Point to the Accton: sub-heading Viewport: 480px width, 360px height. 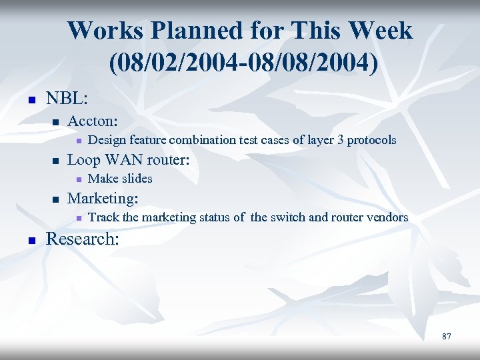pos(93,121)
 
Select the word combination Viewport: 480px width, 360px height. pos(202,140)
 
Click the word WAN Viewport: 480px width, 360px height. pos(121,160)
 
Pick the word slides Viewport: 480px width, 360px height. pos(137,179)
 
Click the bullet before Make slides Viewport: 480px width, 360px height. pos(78,179)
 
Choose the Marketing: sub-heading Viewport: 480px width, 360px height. pos(103,199)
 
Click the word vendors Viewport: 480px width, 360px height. pos(387,217)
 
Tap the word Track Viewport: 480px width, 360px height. pos(103,217)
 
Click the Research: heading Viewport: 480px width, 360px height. pos(83,239)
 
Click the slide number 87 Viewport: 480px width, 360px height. pos(446,337)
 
